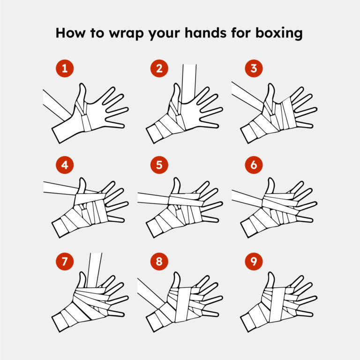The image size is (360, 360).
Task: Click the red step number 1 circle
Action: tap(65, 68)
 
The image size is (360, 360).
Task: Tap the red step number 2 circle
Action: tap(159, 68)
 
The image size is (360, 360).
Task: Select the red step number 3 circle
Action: tap(254, 68)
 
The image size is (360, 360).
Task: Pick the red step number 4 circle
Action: tap(65, 165)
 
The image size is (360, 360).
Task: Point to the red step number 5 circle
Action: tap(159, 165)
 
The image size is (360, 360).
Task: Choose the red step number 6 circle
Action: tap(254, 165)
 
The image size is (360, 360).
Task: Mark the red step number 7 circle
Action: tap(65, 261)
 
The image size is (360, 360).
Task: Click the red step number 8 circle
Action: tap(159, 261)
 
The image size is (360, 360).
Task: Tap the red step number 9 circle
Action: tap(254, 261)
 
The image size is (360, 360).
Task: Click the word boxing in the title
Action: tap(279, 33)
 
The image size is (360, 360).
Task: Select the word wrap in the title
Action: tap(126, 34)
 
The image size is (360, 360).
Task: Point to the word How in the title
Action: tap(70, 33)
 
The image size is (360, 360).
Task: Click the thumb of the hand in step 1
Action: tap(82, 95)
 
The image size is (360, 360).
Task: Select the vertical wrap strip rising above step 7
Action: tap(94, 270)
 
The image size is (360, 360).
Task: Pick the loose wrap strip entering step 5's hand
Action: tap(153, 198)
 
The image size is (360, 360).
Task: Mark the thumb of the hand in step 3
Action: tap(270, 93)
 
